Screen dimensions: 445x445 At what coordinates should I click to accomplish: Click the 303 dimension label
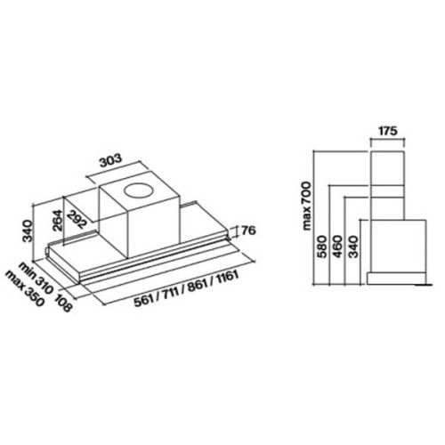click(110, 160)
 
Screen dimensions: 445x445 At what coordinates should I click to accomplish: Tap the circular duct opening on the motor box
click(139, 191)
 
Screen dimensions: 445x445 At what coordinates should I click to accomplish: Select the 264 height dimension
click(57, 221)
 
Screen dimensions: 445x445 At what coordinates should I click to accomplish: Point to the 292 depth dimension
click(77, 219)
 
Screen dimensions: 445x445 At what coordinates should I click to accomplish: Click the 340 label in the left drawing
click(29, 231)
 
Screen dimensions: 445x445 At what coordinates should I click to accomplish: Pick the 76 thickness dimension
click(247, 231)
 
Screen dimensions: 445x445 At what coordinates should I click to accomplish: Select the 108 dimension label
click(63, 302)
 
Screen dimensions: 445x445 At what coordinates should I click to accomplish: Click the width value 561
click(144, 301)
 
